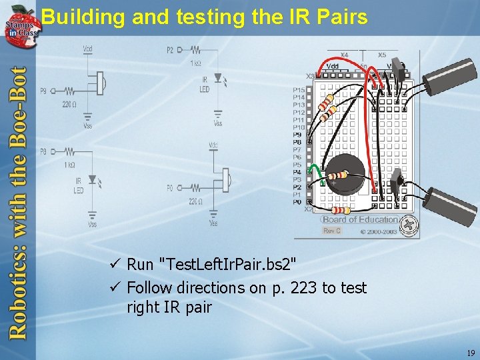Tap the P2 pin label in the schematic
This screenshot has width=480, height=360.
(170, 50)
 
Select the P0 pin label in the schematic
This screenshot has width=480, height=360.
(170, 188)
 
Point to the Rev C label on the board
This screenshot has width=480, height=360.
(331, 231)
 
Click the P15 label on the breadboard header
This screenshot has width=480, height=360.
(299, 90)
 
